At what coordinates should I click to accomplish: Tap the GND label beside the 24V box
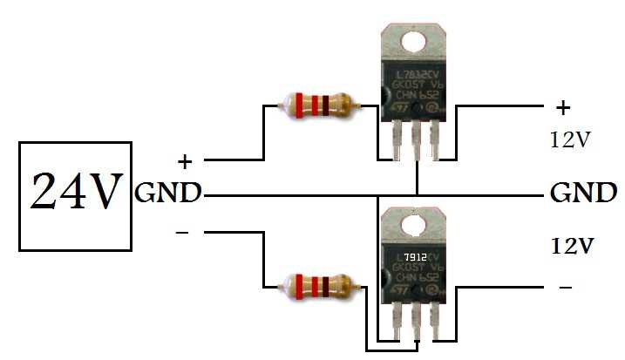click(x=167, y=193)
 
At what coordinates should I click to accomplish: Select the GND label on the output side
click(x=583, y=193)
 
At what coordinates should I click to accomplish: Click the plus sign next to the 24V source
click(x=184, y=161)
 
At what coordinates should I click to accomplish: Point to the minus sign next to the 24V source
click(x=182, y=233)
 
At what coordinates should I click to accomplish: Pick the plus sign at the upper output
click(x=562, y=108)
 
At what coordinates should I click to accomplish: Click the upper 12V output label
click(x=570, y=139)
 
